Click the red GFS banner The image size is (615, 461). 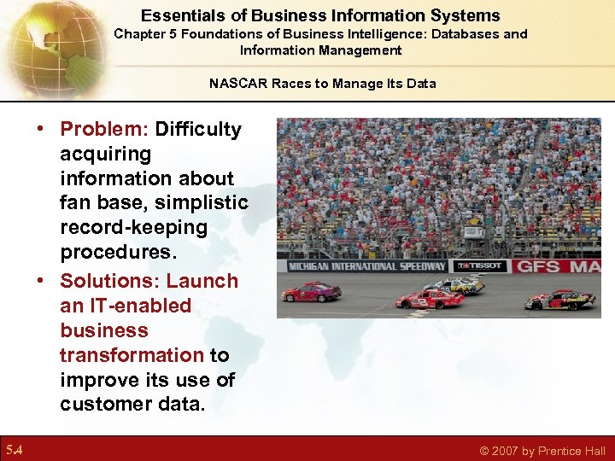555,266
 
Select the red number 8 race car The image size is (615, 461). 429,299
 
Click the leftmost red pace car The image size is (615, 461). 312,292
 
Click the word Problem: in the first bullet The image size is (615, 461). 105,130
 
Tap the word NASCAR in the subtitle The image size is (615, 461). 235,84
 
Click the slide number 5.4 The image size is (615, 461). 15,450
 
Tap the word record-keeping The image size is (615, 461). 133,228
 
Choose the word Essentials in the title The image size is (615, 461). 177,15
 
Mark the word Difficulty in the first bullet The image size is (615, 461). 198,130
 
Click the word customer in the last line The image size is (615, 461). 100,404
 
